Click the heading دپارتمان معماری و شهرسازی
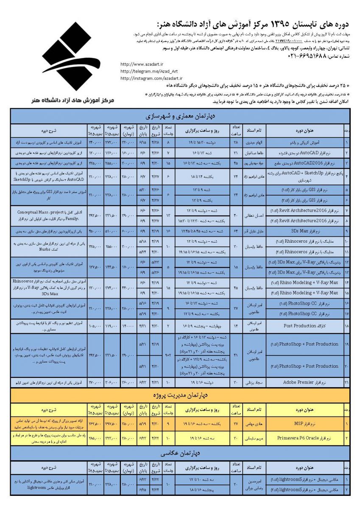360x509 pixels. click(x=181, y=116)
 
